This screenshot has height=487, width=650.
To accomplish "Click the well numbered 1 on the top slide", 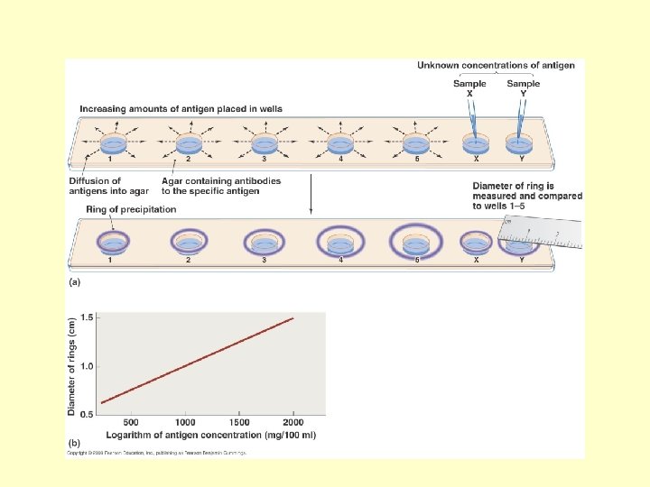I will (x=113, y=143).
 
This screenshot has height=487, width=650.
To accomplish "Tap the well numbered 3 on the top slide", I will (x=265, y=143).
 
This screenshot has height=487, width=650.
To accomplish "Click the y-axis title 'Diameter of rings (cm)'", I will (x=71, y=365).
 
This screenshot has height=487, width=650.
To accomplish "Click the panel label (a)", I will (x=75, y=282).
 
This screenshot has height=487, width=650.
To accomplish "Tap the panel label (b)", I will (x=75, y=445).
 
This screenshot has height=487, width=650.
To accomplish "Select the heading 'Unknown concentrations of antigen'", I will (x=495, y=65).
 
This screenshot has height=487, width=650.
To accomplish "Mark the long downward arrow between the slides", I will (x=311, y=193).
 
